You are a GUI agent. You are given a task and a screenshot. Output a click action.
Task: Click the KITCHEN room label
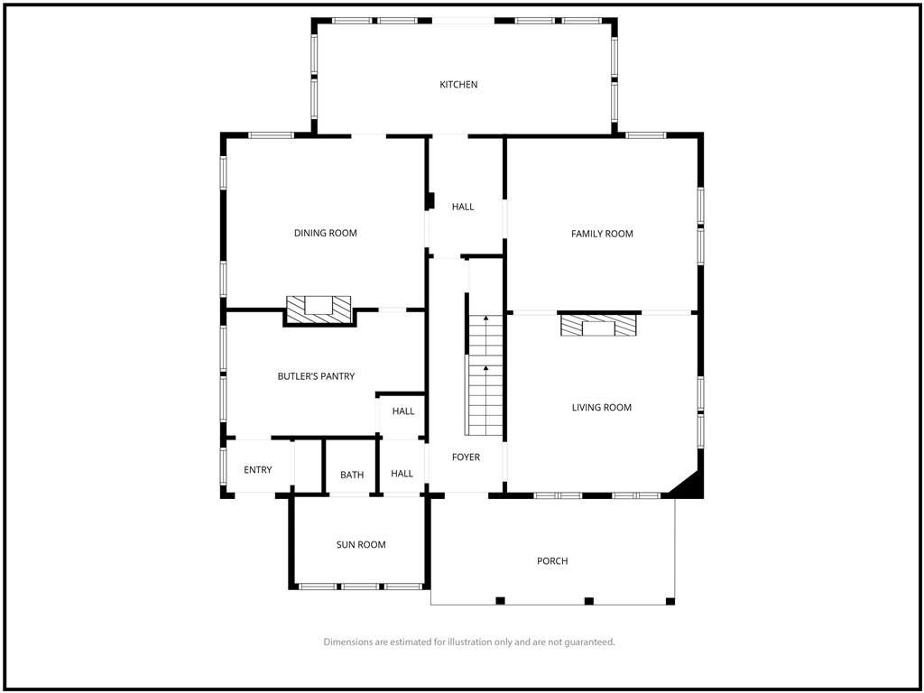point(458,85)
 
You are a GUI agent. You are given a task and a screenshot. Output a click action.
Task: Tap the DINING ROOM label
point(326,234)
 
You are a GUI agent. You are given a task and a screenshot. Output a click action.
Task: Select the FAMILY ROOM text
point(602,234)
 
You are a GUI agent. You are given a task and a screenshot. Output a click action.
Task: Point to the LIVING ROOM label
point(602,408)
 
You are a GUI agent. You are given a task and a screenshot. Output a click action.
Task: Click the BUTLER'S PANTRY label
point(316,376)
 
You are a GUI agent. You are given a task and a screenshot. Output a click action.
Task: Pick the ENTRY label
point(258,470)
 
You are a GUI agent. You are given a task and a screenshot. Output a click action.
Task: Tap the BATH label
point(352,475)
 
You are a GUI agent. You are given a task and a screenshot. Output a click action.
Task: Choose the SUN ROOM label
point(361,545)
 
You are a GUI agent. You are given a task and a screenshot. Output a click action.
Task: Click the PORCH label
point(552,561)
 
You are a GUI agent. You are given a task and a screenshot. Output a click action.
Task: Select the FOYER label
point(466,457)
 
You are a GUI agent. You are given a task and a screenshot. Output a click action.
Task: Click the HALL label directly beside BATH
point(402,474)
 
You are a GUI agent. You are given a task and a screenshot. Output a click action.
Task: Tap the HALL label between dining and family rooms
point(463,208)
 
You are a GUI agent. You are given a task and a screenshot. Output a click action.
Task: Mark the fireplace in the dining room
point(319,307)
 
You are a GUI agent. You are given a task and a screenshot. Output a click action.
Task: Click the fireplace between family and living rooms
point(597,326)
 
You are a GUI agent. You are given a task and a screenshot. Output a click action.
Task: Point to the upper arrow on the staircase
point(485,319)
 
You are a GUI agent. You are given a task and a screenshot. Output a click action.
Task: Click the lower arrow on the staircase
point(485,369)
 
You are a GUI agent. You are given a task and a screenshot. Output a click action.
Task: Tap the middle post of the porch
point(589,601)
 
